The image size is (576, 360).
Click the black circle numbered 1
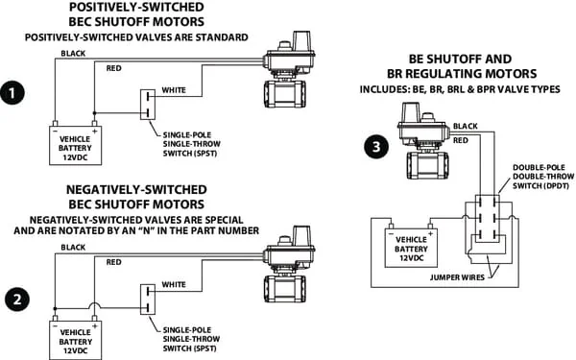[12, 92]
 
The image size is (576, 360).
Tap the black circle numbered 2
[17, 299]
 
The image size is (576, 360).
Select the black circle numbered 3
[376, 147]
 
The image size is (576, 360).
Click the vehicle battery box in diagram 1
[75, 145]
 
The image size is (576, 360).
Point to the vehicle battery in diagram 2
[75, 340]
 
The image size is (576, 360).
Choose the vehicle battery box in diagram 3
[411, 248]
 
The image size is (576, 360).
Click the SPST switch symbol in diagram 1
[148, 105]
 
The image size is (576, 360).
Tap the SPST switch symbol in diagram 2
[148, 299]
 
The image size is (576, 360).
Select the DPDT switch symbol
[488, 218]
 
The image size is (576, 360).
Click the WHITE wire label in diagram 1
[174, 90]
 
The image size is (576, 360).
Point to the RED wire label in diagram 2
[113, 262]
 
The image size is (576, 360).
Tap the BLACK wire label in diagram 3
[465, 126]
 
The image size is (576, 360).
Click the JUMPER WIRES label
[457, 277]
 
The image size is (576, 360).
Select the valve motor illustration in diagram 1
[289, 69]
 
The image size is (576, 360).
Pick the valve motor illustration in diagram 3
[424, 141]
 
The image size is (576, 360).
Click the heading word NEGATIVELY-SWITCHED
[136, 189]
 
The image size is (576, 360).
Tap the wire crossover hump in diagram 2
[95, 304]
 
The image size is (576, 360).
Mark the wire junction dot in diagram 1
[94, 112]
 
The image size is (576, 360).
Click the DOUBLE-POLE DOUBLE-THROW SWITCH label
[543, 177]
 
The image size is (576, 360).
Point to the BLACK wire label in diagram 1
[73, 53]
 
